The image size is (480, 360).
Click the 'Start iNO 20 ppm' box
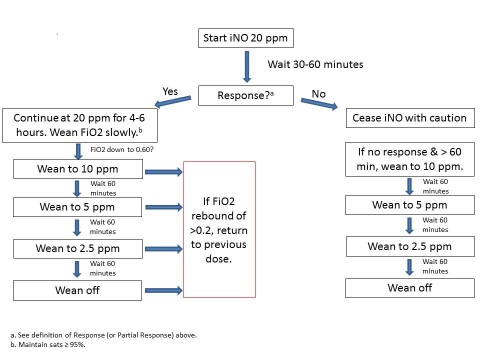pyautogui.click(x=244, y=40)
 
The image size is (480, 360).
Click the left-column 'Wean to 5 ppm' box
pyautogui.click(x=71, y=208)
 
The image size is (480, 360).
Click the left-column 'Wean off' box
pyautogui.click(x=71, y=290)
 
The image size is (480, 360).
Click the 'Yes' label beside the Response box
pyautogui.click(x=172, y=91)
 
